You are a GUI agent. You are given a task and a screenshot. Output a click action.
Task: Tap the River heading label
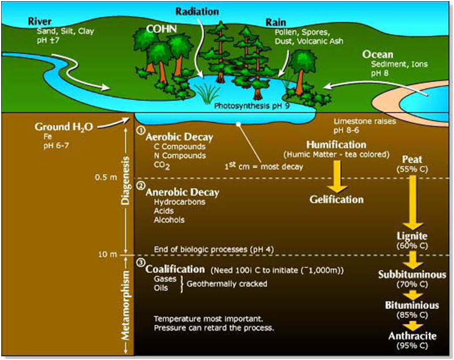tap(40, 21)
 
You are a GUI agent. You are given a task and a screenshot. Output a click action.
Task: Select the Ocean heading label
tap(377, 54)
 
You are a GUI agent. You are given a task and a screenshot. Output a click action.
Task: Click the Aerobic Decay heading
tap(179, 137)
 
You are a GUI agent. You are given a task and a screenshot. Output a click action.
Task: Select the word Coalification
tap(175, 269)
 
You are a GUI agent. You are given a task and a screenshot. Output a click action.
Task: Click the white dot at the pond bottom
tap(238, 122)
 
